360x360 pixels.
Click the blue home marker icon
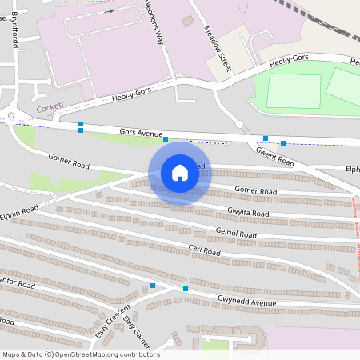(x=180, y=173)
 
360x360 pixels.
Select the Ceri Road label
(x=204, y=250)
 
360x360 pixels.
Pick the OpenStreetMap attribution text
(x=81, y=354)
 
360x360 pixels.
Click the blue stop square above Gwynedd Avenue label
(x=186, y=289)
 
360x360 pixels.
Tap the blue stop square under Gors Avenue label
(x=166, y=140)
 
